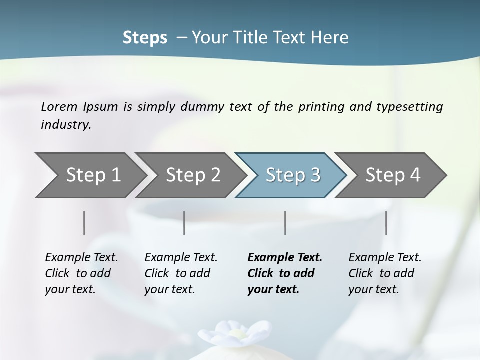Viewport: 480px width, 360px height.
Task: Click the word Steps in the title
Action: pyautogui.click(x=145, y=38)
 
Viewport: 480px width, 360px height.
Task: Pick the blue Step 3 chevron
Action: pyautogui.click(x=293, y=175)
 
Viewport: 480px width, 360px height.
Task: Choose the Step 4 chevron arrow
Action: pyautogui.click(x=393, y=175)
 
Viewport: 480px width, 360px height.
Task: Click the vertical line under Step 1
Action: pyautogui.click(x=84, y=223)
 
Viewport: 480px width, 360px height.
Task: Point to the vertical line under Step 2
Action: pyautogui.click(x=184, y=223)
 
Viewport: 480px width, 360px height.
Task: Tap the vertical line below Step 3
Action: pyautogui.click(x=285, y=223)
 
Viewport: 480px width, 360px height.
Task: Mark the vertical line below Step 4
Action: pyautogui.click(x=386, y=223)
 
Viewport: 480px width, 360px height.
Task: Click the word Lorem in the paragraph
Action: pyautogui.click(x=59, y=107)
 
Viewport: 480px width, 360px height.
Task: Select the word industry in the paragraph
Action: pyautogui.click(x=66, y=125)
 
